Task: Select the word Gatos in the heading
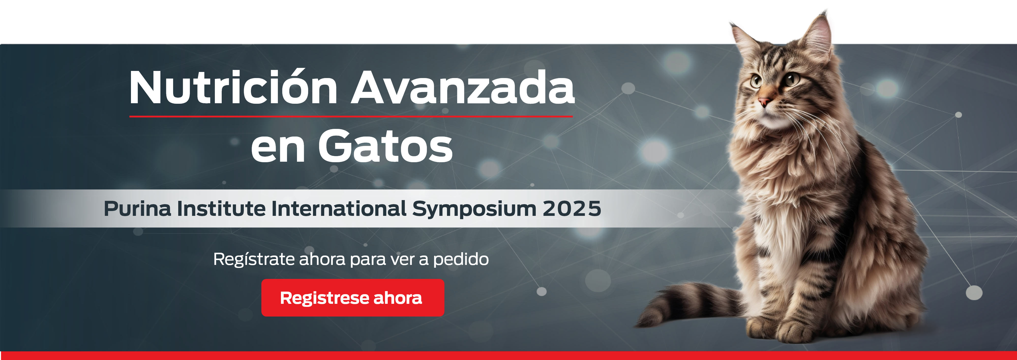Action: coord(385,146)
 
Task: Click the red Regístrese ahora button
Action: coord(353,298)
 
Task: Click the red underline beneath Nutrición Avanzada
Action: coord(351,116)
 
